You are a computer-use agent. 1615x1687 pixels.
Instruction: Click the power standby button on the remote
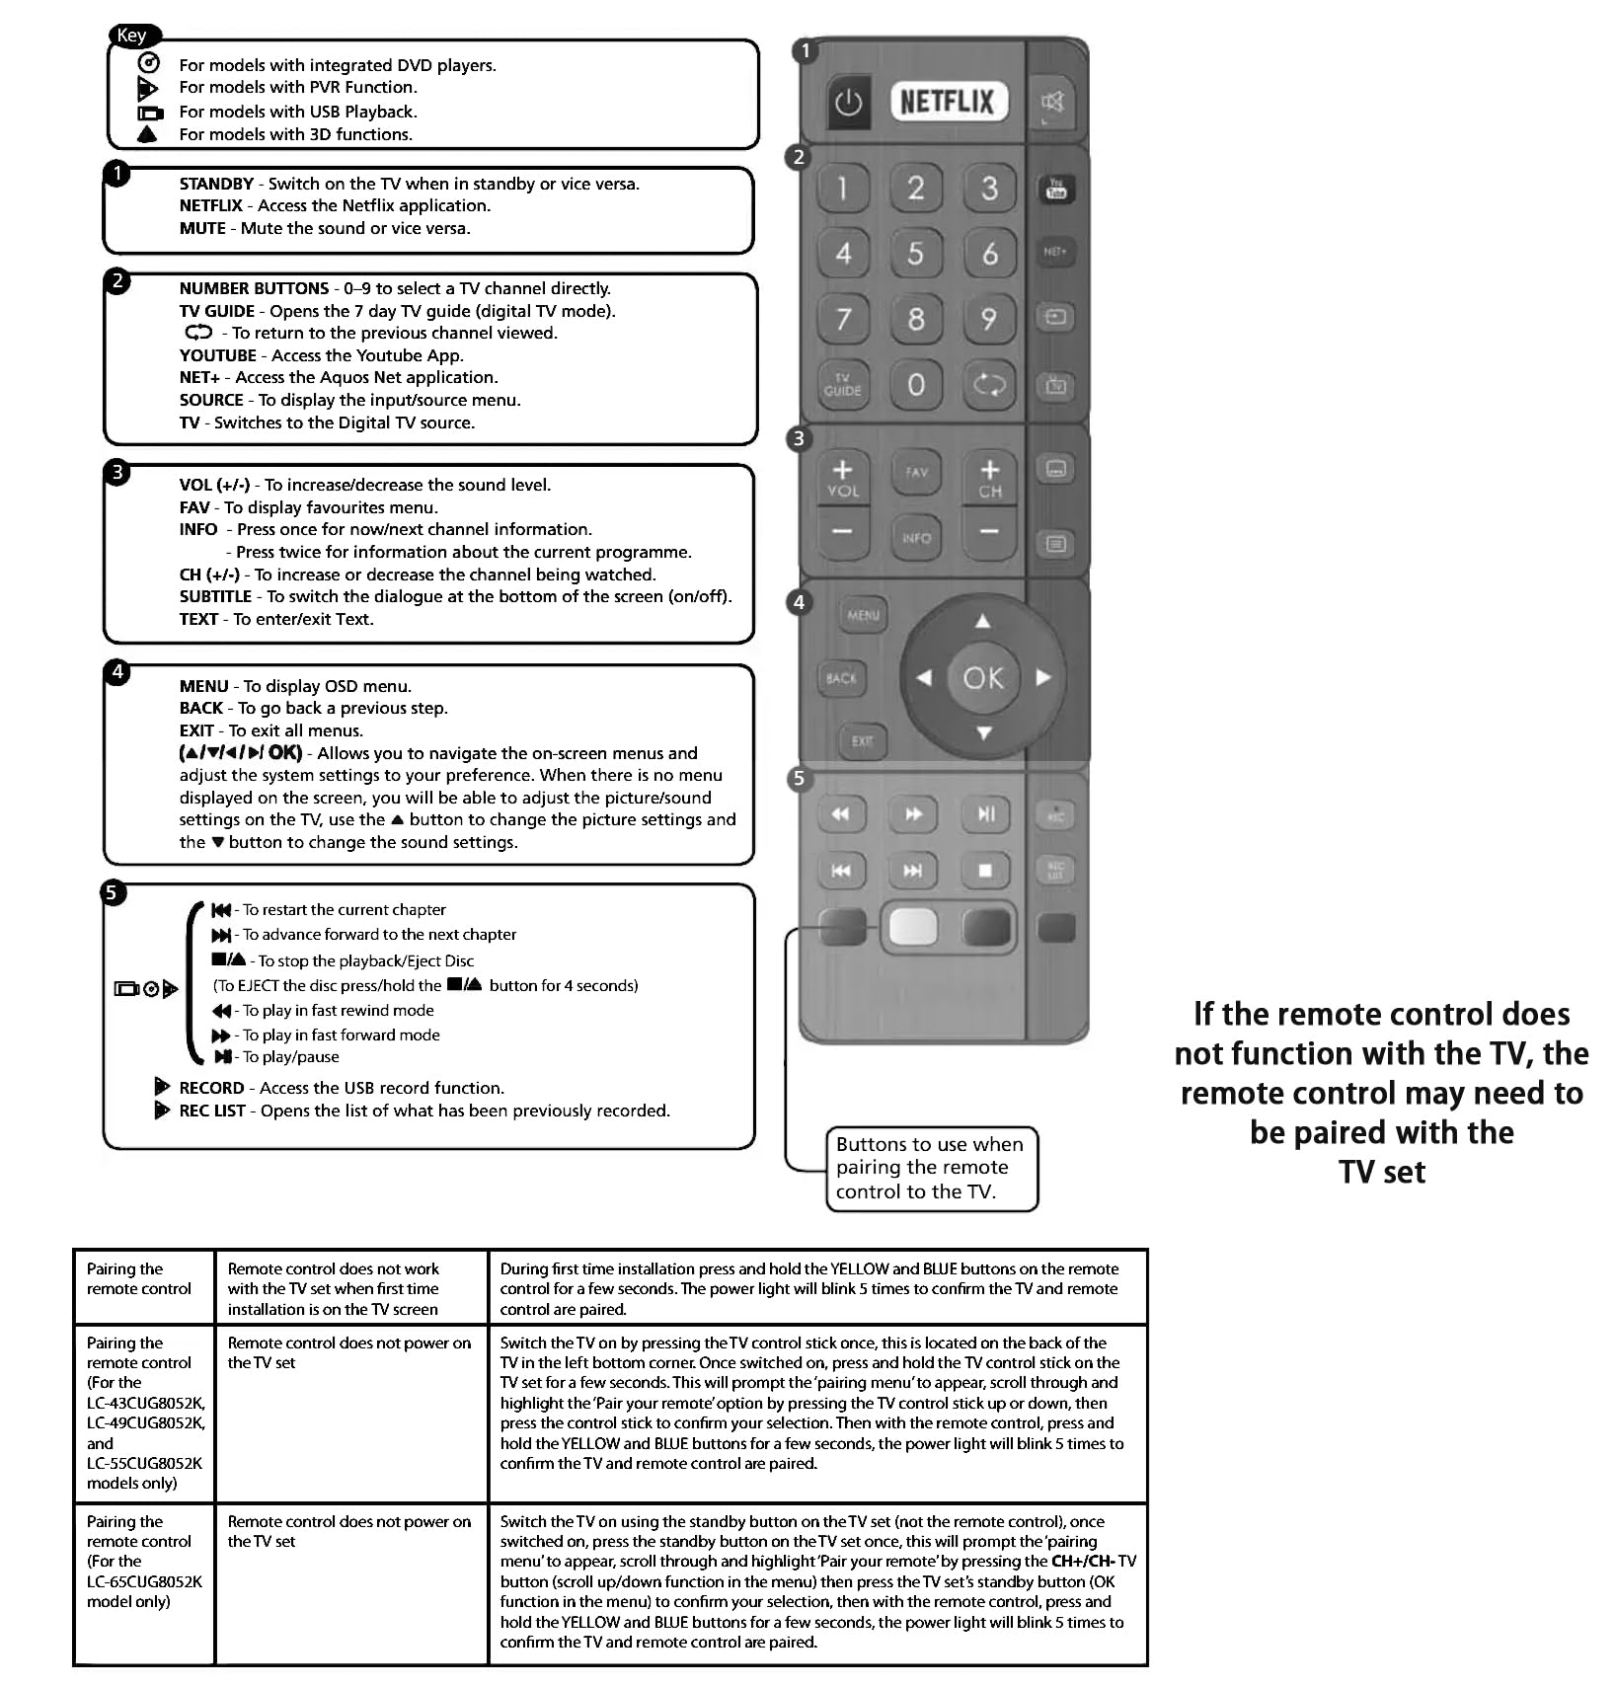pos(848,102)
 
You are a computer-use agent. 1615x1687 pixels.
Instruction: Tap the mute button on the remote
pos(1053,101)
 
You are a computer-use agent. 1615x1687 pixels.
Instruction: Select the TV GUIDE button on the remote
pos(842,385)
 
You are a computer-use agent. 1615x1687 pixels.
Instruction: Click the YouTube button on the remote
pos(1056,189)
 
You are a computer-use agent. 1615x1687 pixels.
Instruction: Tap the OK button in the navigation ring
pos(983,678)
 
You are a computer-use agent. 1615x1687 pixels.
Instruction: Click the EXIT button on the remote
pos(863,741)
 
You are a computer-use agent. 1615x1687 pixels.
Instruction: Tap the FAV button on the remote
pos(916,472)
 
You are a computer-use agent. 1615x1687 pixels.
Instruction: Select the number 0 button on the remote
pos(916,385)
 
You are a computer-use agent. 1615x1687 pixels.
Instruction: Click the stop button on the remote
pos(985,870)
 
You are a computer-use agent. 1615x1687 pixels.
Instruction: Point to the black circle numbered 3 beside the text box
pos(117,472)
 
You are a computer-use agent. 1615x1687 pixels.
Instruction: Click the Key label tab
pos(132,36)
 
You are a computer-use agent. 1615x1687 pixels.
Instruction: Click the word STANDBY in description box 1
pos(216,185)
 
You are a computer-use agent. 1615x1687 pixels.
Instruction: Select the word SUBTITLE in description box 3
pos(215,597)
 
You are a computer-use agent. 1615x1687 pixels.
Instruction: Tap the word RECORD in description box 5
pos(211,1088)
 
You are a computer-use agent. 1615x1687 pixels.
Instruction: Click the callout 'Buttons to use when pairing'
pos(931,1168)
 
